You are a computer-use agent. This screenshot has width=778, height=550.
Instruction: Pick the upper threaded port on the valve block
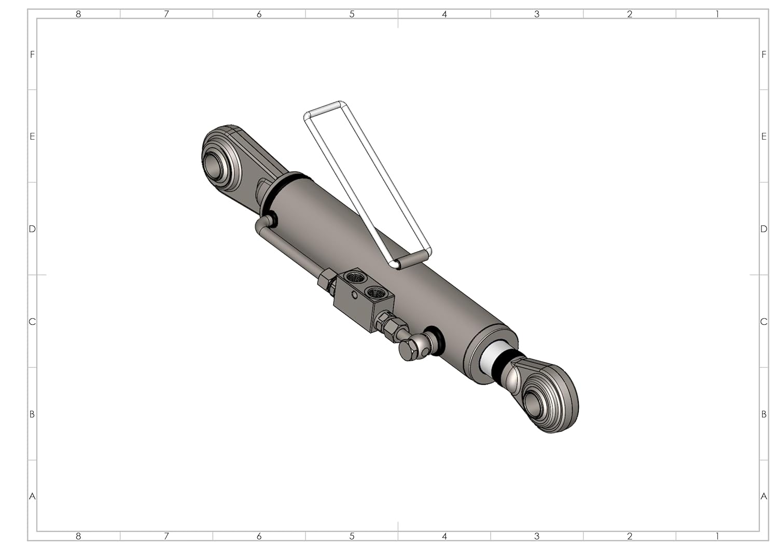[x=356, y=278]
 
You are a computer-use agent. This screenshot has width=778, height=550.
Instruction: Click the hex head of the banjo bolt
[x=407, y=351]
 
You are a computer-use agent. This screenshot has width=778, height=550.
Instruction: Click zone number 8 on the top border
[x=78, y=14]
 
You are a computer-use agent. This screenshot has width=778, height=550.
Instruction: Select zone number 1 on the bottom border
[x=717, y=536]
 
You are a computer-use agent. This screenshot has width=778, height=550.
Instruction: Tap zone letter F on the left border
[x=32, y=54]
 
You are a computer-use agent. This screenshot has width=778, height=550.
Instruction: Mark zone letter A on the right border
[x=763, y=496]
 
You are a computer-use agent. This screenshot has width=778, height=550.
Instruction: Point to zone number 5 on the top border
[x=352, y=14]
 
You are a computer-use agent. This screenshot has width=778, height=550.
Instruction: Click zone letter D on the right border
[x=763, y=229]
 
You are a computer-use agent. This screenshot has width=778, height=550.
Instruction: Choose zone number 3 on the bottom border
[x=537, y=536]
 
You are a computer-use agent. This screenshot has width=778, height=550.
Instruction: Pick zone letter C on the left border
[x=32, y=322]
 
